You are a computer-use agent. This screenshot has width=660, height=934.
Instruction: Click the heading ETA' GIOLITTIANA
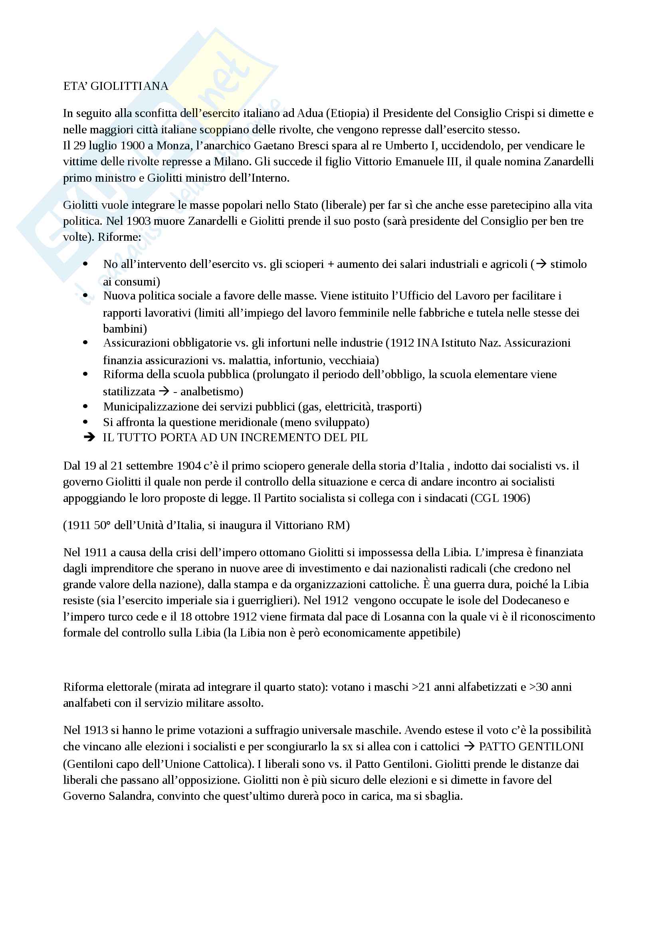[115, 86]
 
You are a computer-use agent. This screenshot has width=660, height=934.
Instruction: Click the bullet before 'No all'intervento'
[85, 264]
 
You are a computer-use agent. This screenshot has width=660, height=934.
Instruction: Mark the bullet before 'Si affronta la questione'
[85, 422]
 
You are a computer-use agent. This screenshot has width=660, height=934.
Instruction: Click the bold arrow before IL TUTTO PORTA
[89, 437]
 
